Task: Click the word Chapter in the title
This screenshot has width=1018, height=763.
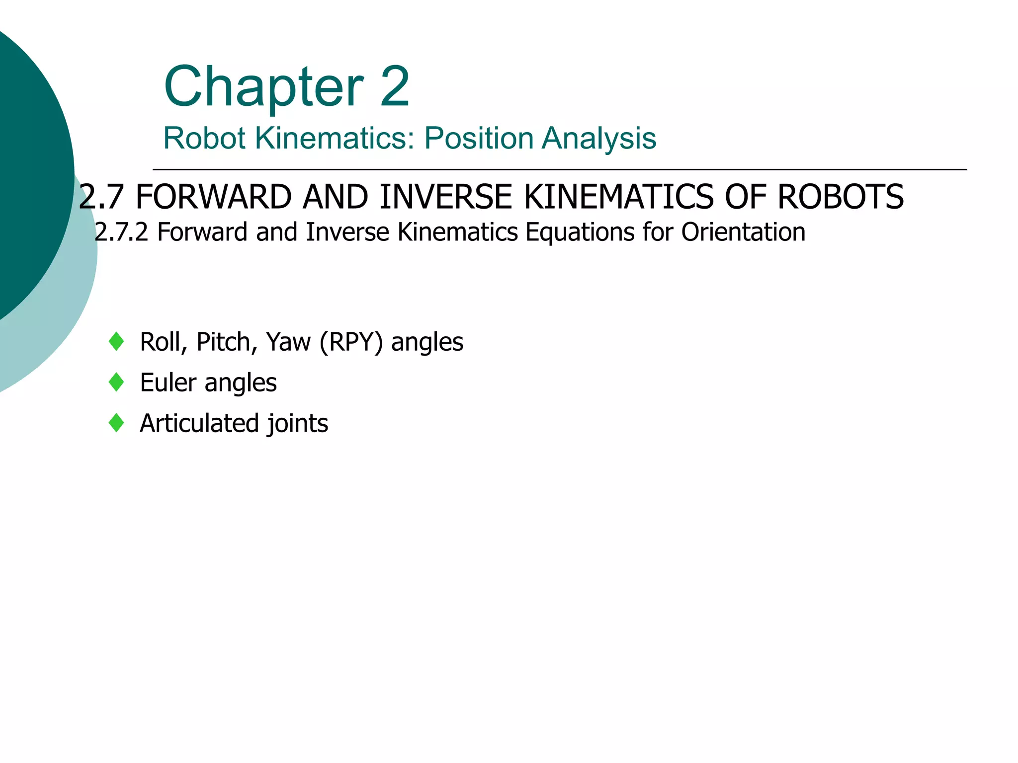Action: pyautogui.click(x=264, y=88)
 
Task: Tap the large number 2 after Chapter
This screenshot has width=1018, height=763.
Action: pyautogui.click(x=395, y=87)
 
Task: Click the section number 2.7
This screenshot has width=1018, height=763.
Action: pyautogui.click(x=101, y=197)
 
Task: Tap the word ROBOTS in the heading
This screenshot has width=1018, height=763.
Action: pyautogui.click(x=841, y=197)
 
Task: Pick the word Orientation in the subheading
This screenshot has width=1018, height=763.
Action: pyautogui.click(x=743, y=232)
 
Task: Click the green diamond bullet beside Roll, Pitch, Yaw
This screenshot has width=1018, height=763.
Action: pyautogui.click(x=116, y=342)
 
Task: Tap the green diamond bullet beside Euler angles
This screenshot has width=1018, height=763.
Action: pyautogui.click(x=116, y=382)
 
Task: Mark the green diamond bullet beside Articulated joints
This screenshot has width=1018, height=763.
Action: pyautogui.click(x=116, y=423)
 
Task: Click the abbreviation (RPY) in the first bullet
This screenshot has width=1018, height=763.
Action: pyautogui.click(x=351, y=342)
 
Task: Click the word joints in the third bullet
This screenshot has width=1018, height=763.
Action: pyautogui.click(x=298, y=424)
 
